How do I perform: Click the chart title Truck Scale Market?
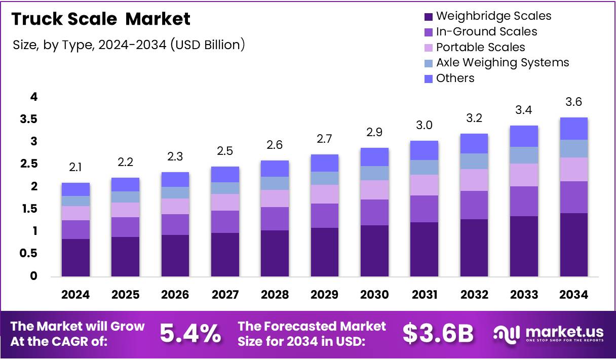(101, 19)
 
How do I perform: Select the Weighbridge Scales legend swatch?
(428, 17)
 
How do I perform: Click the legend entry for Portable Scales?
(480, 47)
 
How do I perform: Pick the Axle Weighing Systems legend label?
(502, 63)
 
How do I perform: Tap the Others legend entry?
(455, 78)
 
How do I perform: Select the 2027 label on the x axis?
(225, 295)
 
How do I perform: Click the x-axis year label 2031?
(424, 295)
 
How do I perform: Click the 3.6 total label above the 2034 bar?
(573, 102)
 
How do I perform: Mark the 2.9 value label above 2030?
(374, 133)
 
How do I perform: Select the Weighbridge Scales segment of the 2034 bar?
(573, 245)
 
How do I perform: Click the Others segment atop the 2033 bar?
(524, 136)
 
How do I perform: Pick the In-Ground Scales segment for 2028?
(275, 219)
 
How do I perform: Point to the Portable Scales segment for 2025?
(125, 210)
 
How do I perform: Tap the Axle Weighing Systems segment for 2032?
(474, 161)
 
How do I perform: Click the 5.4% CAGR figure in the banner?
(190, 334)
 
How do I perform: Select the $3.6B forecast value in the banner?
(438, 334)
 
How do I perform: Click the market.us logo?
(548, 334)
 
